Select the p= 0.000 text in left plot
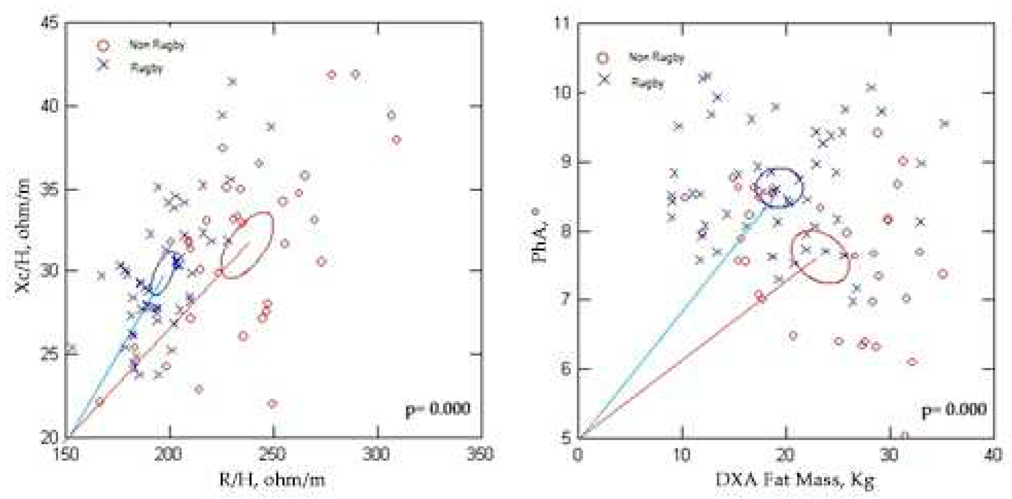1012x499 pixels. pos(438,409)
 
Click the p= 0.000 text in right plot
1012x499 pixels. pos(954,410)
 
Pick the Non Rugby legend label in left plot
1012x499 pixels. pos(157,46)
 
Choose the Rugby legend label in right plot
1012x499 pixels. pos(648,83)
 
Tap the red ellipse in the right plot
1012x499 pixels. pos(820,256)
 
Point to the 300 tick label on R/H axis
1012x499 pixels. pos(377,455)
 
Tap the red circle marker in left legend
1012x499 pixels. pos(103,46)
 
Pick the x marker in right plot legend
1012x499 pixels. pos(604,79)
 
